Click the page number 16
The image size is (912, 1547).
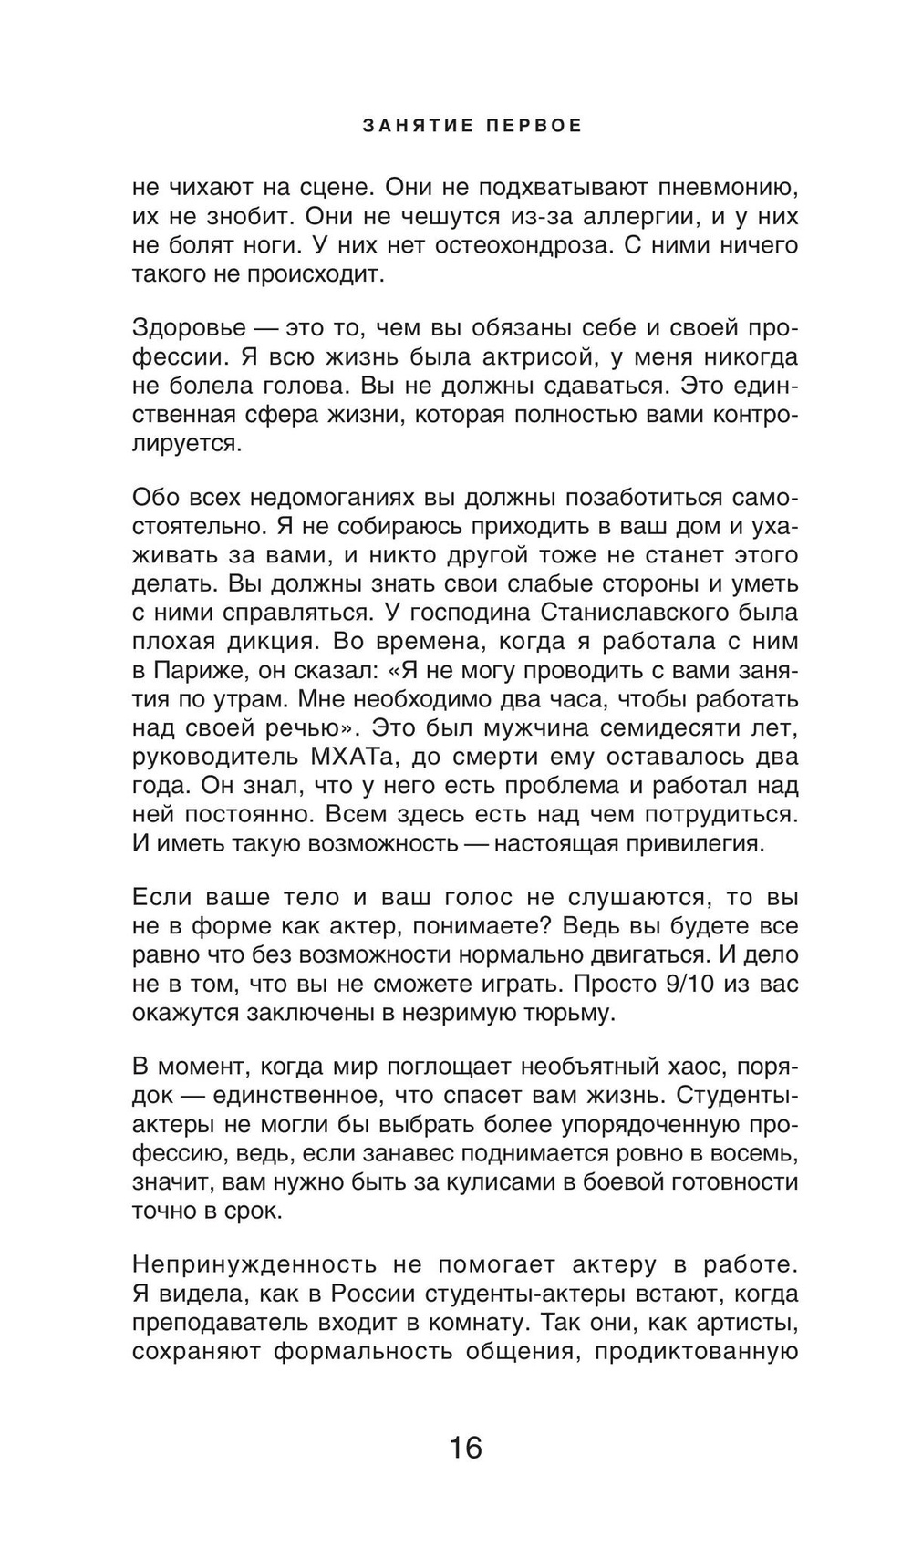coord(465,1447)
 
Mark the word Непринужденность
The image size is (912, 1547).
coord(254,1264)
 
